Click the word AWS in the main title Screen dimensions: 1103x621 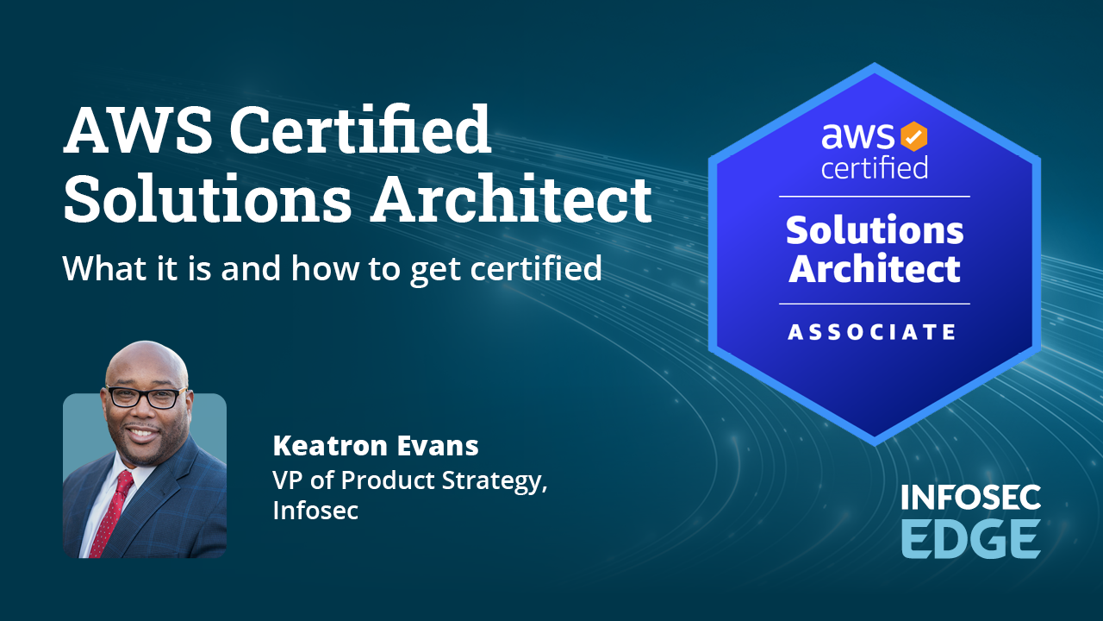click(x=138, y=130)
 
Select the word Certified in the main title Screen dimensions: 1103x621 click(x=360, y=129)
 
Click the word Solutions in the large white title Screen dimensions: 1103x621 click(x=208, y=198)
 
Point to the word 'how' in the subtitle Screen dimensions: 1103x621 click(x=325, y=268)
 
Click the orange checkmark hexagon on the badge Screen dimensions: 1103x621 click(x=914, y=136)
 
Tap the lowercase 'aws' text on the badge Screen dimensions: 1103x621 click(x=857, y=135)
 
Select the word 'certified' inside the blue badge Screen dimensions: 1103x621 click(x=875, y=167)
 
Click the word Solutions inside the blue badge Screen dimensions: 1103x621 click(x=875, y=230)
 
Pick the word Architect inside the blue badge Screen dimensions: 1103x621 click(x=875, y=268)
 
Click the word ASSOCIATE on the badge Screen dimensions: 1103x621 click(x=872, y=332)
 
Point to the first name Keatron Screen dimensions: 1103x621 click(x=330, y=446)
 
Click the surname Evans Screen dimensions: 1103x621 click(x=438, y=446)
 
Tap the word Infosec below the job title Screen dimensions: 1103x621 click(x=315, y=510)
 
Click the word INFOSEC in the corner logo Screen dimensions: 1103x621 click(x=971, y=497)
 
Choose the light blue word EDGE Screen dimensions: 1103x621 click(x=971, y=539)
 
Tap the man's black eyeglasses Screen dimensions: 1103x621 click(x=146, y=397)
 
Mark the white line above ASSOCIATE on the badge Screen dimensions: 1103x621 click(x=875, y=304)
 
